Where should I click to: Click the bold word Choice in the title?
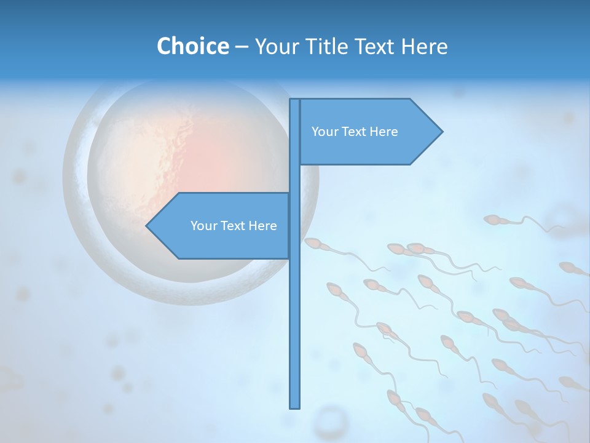click(x=192, y=46)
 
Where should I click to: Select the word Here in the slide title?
click(x=424, y=46)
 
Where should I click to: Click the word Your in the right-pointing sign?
click(x=324, y=132)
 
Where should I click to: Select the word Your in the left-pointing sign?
click(x=203, y=226)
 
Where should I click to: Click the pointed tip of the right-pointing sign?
click(x=441, y=131)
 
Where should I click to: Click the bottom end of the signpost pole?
click(x=295, y=407)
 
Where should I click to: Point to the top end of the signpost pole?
click(x=295, y=100)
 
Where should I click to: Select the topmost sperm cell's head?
click(x=492, y=220)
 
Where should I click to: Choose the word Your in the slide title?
click(x=274, y=46)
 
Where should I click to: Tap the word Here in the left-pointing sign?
click(x=262, y=226)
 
